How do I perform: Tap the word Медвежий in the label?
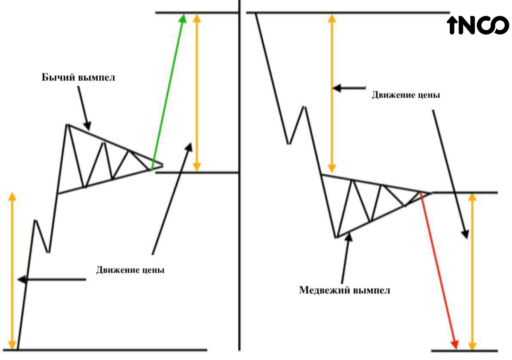pyautogui.click(x=325, y=290)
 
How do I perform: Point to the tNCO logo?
pyautogui.click(x=478, y=26)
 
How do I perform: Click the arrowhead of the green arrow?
pyautogui.click(x=183, y=18)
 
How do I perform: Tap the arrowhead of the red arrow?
pyautogui.click(x=455, y=344)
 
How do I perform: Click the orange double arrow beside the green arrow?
pyautogui.click(x=196, y=92)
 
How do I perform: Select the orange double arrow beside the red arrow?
pyautogui.click(x=471, y=271)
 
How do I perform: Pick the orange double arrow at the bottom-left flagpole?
pyautogui.click(x=12, y=270)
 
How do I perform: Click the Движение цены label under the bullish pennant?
pyautogui.click(x=130, y=270)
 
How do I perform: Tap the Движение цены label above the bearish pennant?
pyautogui.click(x=405, y=95)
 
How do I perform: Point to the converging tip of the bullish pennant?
pyautogui.click(x=161, y=164)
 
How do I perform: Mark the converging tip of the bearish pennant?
pyautogui.click(x=429, y=193)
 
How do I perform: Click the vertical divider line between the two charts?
pyautogui.click(x=240, y=179)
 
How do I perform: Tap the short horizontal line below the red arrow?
pyautogui.click(x=464, y=351)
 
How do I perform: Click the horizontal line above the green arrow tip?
pyautogui.click(x=196, y=13)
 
